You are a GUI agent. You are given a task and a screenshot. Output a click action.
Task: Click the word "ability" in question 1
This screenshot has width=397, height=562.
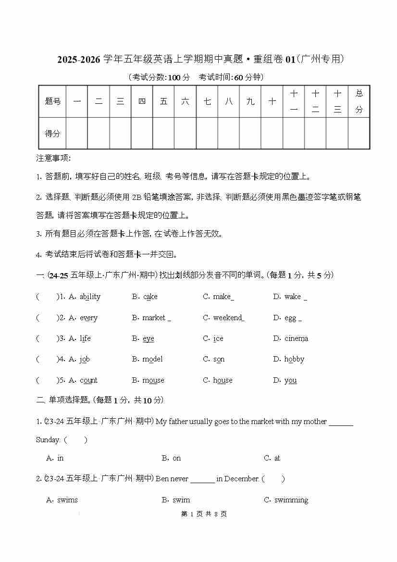coord(90,297)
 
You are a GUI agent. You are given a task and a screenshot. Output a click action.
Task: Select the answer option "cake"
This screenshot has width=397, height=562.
coord(150,297)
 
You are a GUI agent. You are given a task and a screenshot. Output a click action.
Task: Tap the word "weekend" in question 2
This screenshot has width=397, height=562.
coord(228,318)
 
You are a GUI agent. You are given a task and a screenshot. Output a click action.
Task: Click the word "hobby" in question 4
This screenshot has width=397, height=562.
coord(294,359)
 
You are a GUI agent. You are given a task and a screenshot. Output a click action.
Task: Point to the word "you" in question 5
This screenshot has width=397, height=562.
coord(290,380)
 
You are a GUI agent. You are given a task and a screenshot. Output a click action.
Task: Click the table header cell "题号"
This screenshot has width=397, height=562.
coord(52,101)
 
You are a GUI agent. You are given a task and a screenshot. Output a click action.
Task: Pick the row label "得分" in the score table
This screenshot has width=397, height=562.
coord(52,133)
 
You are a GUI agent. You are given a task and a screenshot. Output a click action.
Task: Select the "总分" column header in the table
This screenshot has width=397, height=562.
coord(359,101)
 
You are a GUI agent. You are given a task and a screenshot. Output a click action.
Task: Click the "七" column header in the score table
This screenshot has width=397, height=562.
coord(207,101)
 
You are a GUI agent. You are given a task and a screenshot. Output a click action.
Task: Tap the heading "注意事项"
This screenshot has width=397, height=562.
coord(53,158)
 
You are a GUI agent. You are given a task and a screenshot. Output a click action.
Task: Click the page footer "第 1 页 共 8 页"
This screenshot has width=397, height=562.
coord(204,514)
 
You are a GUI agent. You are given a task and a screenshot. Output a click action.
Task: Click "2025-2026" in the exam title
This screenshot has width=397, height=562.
coord(79,59)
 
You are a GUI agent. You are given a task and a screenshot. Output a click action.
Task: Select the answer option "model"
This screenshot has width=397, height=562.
coord(152,359)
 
